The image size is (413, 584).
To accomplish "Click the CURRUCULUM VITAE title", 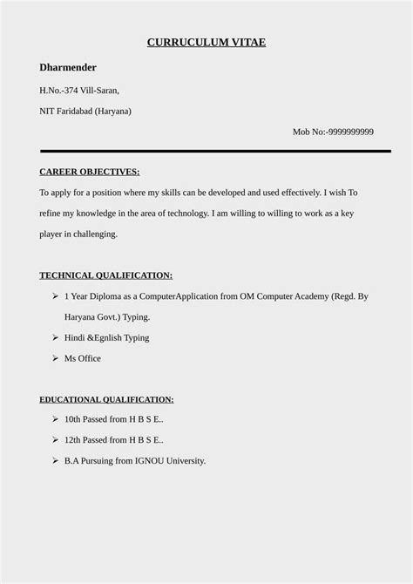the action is [x=206, y=42].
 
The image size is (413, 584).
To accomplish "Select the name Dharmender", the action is [x=68, y=67].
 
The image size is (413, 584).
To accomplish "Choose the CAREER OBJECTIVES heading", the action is [x=90, y=172].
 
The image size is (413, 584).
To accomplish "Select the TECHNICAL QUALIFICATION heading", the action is [x=105, y=275].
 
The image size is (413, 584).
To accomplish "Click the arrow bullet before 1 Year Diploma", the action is [x=55, y=296].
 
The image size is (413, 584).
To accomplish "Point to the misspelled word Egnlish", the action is [x=110, y=337].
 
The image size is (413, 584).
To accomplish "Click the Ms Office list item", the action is [x=83, y=358].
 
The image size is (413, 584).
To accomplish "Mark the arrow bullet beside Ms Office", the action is [x=55, y=358].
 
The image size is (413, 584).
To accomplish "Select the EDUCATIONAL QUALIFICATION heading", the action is [x=106, y=399].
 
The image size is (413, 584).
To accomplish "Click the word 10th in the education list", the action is [x=72, y=419].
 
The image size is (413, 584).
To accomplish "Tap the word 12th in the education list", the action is [x=72, y=440].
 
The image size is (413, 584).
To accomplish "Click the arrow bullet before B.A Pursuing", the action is [x=55, y=460].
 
